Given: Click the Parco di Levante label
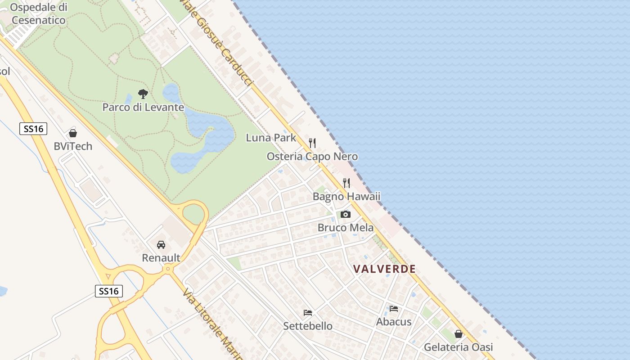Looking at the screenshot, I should click(143, 107).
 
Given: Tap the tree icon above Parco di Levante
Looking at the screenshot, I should click(143, 94).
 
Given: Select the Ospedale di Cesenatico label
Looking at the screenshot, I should click(39, 13).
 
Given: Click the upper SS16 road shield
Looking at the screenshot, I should click(34, 129).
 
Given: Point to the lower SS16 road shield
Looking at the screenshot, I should click(109, 291).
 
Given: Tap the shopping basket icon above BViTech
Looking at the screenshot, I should click(73, 133).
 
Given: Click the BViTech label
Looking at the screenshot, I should click(73, 146).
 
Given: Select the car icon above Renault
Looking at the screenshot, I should click(161, 245).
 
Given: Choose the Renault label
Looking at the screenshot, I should click(161, 258).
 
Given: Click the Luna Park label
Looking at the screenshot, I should click(271, 138).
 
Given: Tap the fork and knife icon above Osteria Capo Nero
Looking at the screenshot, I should click(312, 143).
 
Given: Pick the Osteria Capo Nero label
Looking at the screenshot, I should click(312, 157).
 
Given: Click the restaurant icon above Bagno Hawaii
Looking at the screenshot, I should click(346, 183).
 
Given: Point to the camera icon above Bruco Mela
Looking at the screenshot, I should click(346, 214).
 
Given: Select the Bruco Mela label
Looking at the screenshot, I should click(346, 228).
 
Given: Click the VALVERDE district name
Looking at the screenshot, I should click(384, 269).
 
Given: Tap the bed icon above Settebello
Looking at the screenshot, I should click(308, 313).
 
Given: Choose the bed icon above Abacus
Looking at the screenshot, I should click(394, 309).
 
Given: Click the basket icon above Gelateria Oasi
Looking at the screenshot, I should click(459, 334).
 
